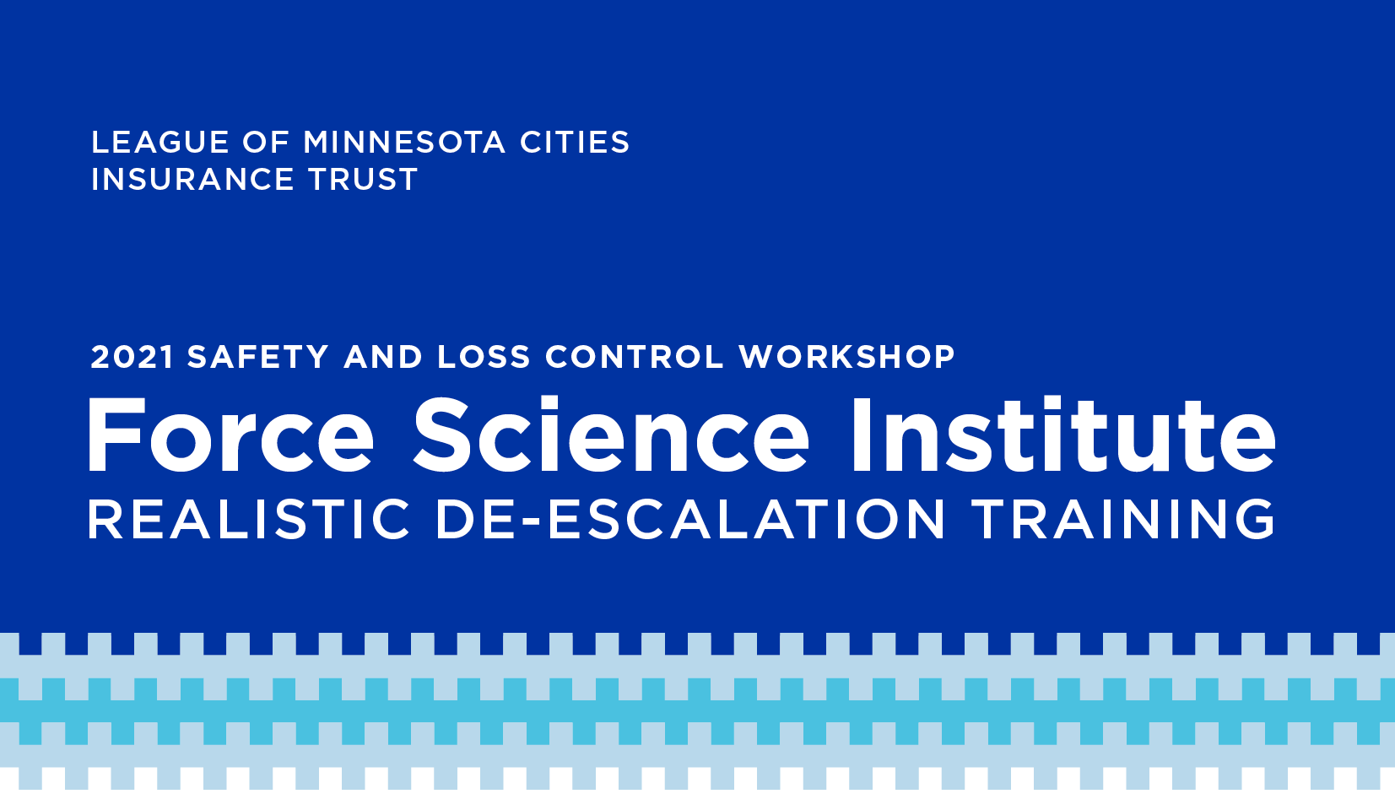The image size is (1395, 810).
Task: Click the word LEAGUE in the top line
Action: tap(160, 142)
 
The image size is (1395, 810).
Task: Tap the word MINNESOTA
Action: tap(404, 142)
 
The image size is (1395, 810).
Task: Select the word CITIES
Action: tap(575, 142)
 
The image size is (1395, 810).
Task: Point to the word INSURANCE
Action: tap(192, 180)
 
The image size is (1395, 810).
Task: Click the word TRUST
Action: tap(362, 180)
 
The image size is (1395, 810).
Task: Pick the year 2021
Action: tap(132, 358)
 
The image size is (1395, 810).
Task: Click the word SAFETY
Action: tap(258, 358)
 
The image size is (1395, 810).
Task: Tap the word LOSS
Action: tap(484, 358)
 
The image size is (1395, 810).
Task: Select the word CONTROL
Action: tap(635, 358)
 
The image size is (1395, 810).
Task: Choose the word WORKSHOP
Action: tap(847, 358)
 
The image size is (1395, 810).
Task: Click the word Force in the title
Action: tap(231, 436)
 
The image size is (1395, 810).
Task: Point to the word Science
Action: tap(611, 436)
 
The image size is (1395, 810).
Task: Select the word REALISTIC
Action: tap(249, 519)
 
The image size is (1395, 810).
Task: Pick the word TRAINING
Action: tap(1123, 519)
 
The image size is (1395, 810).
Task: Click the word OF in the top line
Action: tap(267, 142)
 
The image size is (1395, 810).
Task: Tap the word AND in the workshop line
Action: tap(383, 358)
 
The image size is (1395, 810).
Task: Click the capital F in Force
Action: tap(116, 436)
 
